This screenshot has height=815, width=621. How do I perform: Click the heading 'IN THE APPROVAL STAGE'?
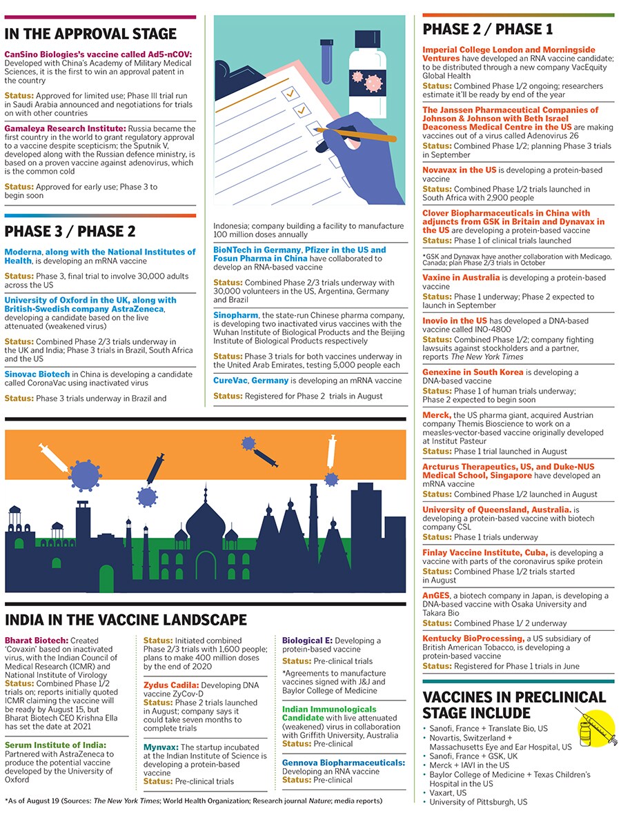tap(91, 34)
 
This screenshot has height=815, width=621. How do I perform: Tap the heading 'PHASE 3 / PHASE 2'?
tap(70, 231)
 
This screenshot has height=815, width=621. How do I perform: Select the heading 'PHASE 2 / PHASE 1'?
tap(488, 30)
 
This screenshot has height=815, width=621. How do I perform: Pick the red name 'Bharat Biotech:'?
tap(37, 641)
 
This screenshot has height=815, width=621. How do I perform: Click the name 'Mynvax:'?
tap(161, 747)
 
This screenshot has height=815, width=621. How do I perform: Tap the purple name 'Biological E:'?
tap(307, 641)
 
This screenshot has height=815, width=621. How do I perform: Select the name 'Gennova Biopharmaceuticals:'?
tap(343, 763)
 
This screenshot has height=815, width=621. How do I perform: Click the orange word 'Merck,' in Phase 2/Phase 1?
tap(437, 415)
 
